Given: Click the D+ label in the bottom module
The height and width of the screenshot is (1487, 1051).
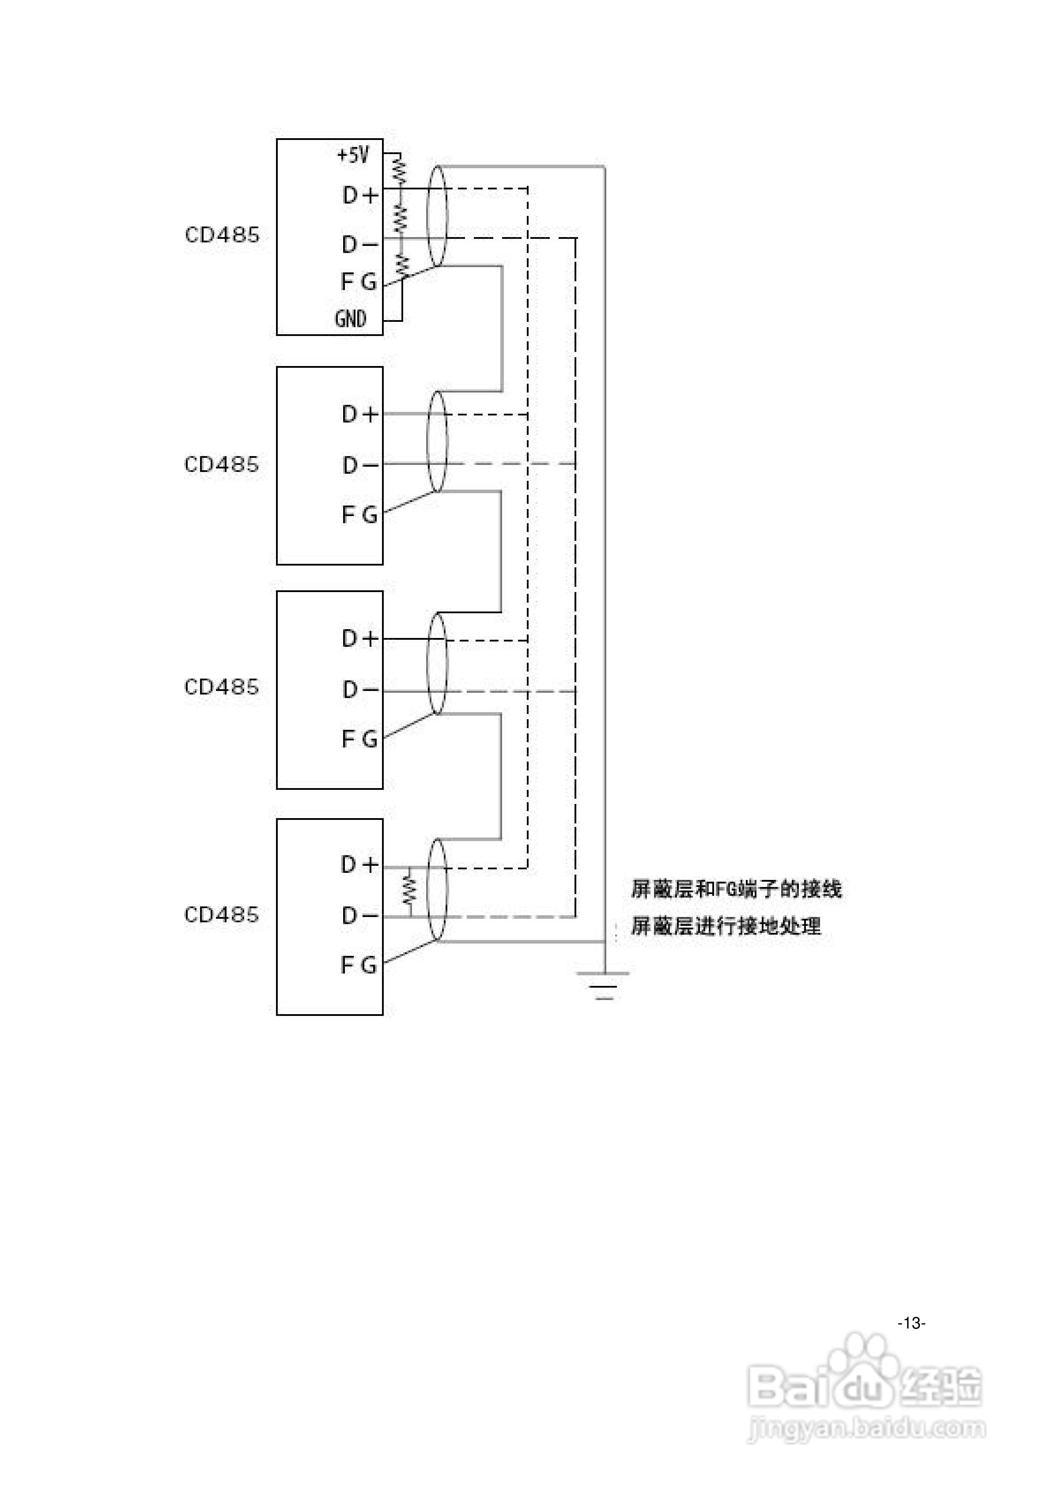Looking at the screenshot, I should coord(359,864).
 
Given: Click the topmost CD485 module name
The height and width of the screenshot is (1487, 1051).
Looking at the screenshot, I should coord(222,234).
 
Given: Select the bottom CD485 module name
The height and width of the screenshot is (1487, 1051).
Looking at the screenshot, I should coord(222,914).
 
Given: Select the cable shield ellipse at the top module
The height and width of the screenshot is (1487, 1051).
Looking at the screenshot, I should coord(437,215).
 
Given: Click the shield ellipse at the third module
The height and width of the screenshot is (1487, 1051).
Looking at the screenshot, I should coord(437,664).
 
